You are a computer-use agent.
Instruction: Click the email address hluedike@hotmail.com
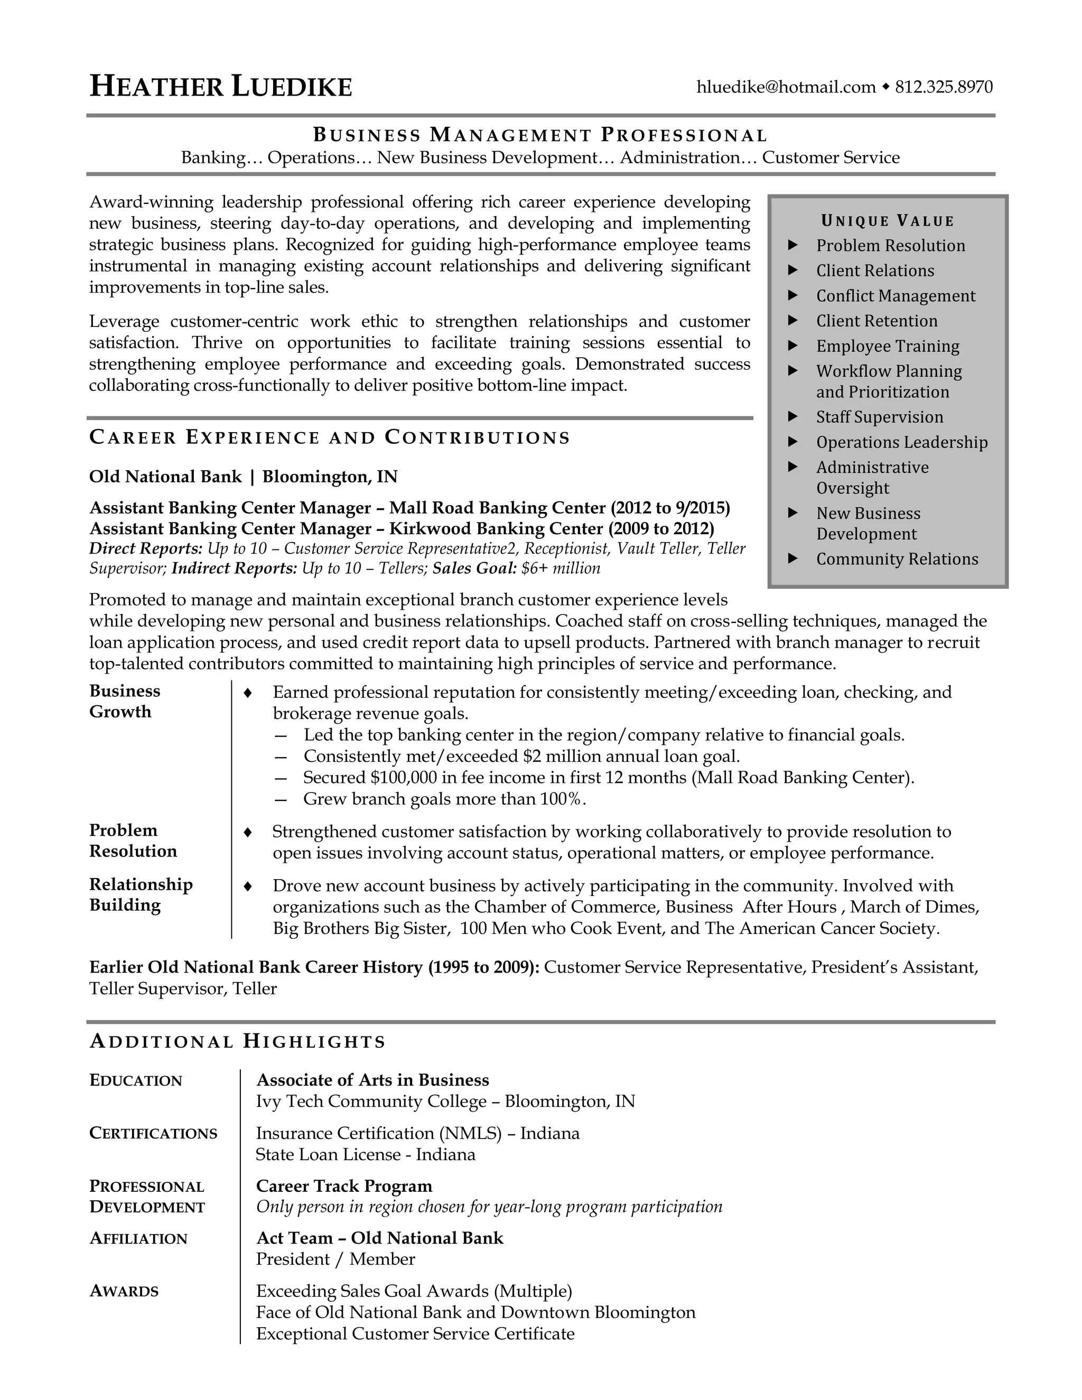[786, 87]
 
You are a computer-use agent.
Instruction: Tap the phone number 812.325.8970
[944, 87]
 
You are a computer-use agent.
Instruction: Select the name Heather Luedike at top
[221, 87]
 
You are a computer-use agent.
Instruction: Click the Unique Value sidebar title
[888, 221]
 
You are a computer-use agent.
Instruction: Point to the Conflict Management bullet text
[896, 296]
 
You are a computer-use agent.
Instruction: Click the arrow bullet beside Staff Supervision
[793, 417]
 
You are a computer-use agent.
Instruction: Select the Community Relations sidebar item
[897, 559]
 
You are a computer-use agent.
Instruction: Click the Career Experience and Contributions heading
[330, 438]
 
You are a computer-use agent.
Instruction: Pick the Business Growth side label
[124, 701]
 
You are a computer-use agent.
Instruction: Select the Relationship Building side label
[141, 895]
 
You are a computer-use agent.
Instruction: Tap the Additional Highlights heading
[238, 1042]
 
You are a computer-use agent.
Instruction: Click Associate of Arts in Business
[372, 1080]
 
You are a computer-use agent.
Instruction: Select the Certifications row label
[153, 1133]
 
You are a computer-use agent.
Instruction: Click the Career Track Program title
[344, 1187]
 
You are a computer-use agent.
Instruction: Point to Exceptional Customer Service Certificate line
[415, 1334]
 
